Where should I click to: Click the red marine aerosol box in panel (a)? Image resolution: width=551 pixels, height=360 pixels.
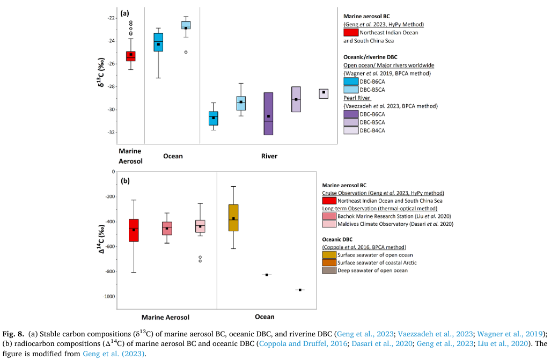(130, 56)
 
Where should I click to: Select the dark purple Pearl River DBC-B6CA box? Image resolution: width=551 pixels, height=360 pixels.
(269, 114)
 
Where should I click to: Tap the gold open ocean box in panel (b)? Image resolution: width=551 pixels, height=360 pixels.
(233, 217)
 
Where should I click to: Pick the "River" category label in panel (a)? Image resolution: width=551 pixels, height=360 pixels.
(269, 157)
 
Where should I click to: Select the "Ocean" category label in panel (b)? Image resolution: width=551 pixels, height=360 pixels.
(265, 317)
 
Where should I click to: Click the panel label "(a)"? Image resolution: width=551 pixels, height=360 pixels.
(124, 12)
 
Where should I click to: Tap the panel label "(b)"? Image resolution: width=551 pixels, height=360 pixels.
(125, 181)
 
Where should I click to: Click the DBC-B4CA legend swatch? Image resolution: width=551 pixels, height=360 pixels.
(350, 130)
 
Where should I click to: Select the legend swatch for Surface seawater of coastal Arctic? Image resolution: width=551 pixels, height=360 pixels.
(329, 263)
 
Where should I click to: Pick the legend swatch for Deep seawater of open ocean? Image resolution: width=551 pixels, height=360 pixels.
(329, 270)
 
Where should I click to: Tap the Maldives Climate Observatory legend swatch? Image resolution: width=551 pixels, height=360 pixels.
(329, 224)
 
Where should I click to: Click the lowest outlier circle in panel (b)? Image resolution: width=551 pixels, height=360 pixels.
(200, 261)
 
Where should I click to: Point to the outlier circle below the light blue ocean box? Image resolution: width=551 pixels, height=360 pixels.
(186, 52)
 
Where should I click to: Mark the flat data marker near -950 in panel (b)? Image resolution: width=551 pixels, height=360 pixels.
(300, 290)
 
